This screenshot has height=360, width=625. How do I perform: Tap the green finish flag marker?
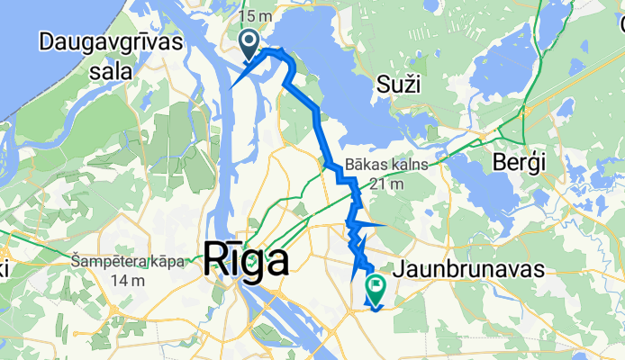click(x=375, y=287)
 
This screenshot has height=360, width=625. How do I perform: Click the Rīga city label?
click(x=248, y=261)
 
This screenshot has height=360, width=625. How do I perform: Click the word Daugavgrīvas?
click(x=112, y=41)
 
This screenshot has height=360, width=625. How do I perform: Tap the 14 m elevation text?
click(x=130, y=280)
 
